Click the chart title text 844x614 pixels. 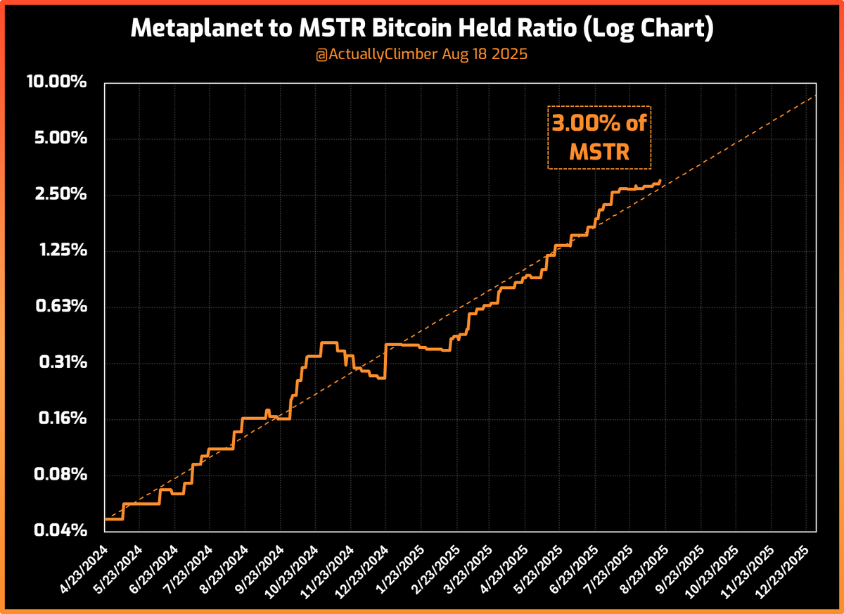click(421, 30)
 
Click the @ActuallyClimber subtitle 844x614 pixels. click(421, 55)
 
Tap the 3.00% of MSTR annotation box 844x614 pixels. click(599, 138)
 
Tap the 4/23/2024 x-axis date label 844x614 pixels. click(83, 563)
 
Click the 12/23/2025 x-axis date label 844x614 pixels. click(786, 563)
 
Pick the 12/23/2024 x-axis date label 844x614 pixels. click(362, 563)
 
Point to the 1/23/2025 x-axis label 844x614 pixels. click(399, 563)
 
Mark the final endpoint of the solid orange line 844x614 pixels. click(660, 180)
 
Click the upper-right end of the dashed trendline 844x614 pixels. click(816, 96)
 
